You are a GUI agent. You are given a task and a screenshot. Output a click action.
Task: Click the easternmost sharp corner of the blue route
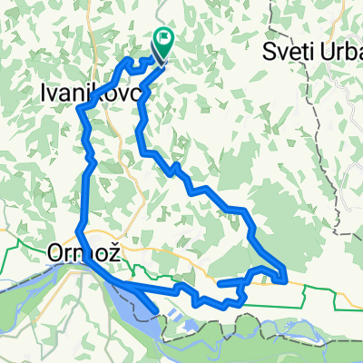click(286, 277)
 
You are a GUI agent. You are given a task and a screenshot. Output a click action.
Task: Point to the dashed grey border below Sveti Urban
click(337, 136)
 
